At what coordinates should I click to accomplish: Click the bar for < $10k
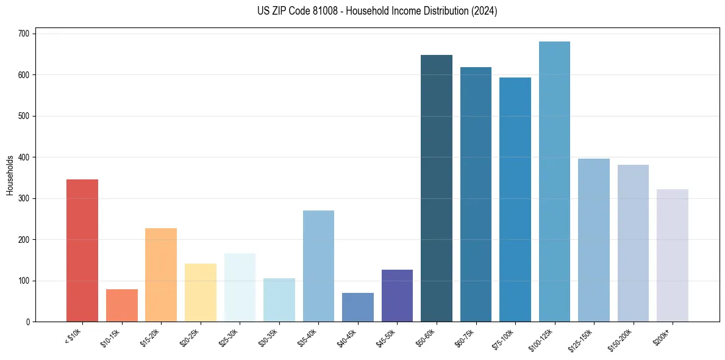82,250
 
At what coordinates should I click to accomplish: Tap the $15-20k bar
161,275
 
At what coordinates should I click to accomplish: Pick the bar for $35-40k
318,265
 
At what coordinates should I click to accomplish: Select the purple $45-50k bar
397,295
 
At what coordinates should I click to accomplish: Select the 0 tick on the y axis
28,322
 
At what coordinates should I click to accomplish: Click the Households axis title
10,175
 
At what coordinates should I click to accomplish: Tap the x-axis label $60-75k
465,337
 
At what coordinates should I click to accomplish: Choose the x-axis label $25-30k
229,337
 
